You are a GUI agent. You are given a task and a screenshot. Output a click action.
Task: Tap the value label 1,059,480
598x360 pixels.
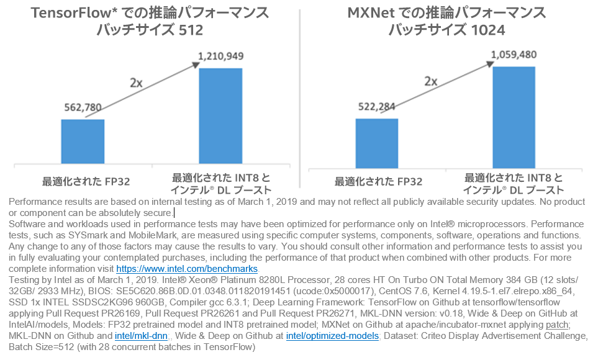pos(514,55)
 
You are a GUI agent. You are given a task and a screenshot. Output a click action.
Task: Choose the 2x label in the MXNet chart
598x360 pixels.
pos(431,81)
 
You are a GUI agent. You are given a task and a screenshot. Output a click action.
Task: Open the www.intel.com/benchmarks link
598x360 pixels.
pos(187,269)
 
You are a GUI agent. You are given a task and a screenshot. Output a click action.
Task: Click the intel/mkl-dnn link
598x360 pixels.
pos(142,336)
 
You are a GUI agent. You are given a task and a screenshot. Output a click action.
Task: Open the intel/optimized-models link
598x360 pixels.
pos(332,336)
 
